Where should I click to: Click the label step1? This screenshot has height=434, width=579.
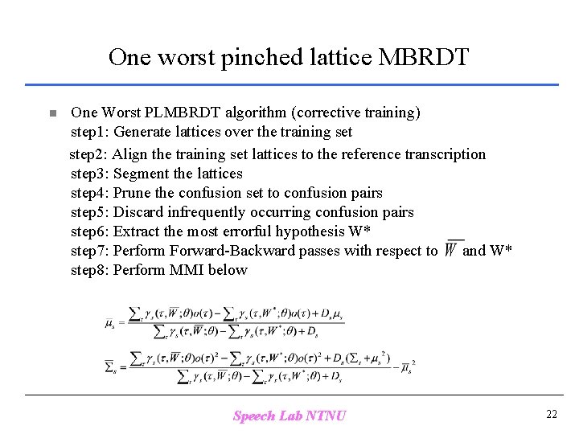coord(90,132)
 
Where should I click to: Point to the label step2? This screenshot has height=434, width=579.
coord(88,154)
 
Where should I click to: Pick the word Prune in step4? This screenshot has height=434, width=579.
coord(132,193)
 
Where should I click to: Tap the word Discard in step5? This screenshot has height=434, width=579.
coord(139,212)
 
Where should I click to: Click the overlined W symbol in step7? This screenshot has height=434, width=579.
coord(453,249)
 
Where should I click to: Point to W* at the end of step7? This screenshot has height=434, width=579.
coord(499,251)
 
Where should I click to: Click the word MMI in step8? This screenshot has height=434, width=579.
coord(187,270)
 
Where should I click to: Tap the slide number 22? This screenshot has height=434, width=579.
coord(551,415)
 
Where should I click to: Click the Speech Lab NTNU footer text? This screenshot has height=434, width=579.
coord(289,416)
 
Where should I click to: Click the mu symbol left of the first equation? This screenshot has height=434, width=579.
coord(110,324)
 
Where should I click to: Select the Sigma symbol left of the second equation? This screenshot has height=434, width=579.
coord(110,367)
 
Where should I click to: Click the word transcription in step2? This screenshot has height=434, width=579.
coord(446,154)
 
